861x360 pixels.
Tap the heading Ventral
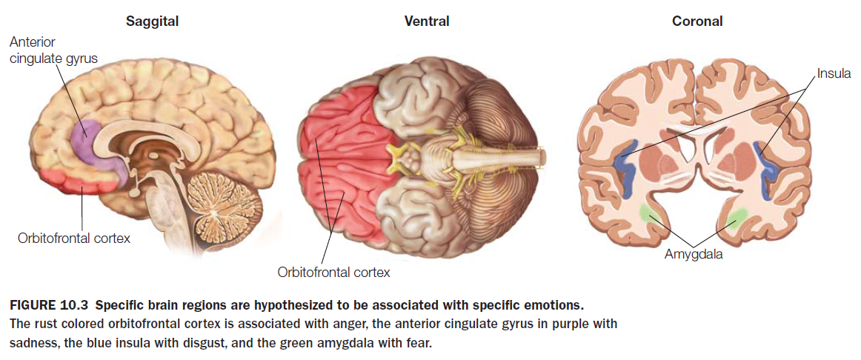[426, 21]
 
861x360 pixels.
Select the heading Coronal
[697, 21]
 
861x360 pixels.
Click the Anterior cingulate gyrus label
[53, 50]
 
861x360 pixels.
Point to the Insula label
[834, 74]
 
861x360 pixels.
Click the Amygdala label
[693, 255]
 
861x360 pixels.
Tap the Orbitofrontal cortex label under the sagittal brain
[74, 239]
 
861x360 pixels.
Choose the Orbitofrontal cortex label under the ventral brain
[333, 272]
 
